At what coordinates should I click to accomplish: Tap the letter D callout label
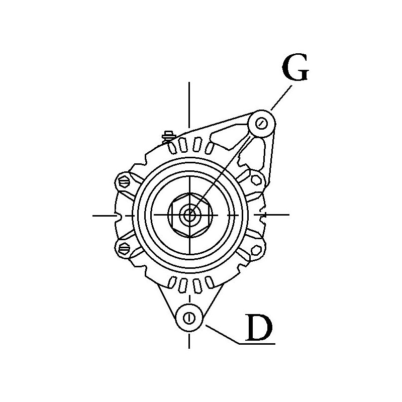(x=259, y=327)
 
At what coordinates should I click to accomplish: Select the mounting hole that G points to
(x=261, y=123)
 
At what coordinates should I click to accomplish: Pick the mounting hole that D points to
(x=189, y=318)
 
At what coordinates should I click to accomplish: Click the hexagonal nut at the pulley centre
(x=190, y=216)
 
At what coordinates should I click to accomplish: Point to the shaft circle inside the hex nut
(x=190, y=216)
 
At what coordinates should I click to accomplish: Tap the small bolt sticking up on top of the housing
(x=168, y=135)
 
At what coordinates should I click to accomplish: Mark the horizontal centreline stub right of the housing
(x=277, y=215)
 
